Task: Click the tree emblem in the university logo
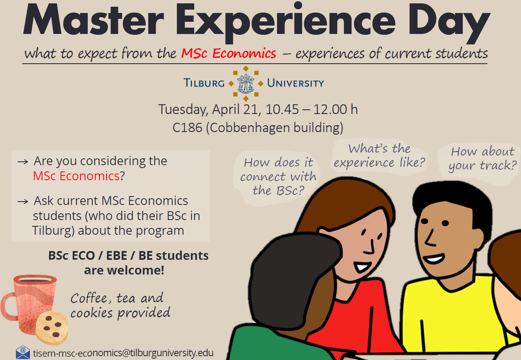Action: pos(246,84)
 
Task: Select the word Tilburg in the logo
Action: pos(204,83)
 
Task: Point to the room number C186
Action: pos(187,127)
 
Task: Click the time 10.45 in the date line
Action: pos(282,109)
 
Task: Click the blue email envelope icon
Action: pos(23,352)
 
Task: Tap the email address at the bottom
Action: pos(123,353)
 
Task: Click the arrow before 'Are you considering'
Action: pos(23,162)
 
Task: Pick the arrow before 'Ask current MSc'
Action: pos(23,201)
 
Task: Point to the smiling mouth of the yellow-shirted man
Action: pos(434,258)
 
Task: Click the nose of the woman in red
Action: pos(370,247)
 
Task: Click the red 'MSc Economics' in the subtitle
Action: pos(229,53)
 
